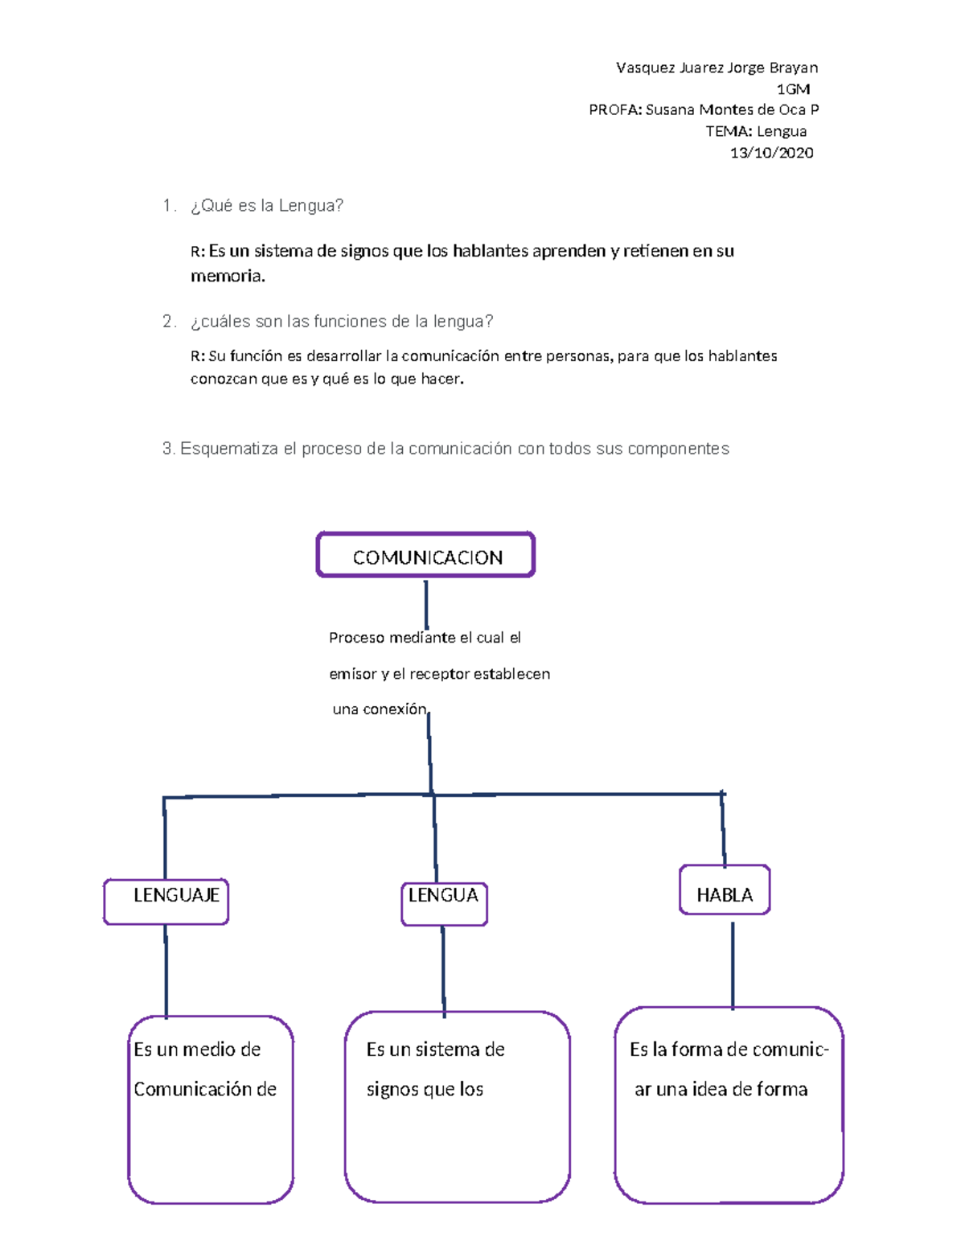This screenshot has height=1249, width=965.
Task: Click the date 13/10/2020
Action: [771, 153]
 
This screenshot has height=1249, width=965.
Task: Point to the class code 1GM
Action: [793, 89]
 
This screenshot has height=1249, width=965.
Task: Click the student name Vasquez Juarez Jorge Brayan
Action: [717, 68]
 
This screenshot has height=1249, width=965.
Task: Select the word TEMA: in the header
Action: [729, 132]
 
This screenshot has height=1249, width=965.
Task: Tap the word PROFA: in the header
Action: [615, 110]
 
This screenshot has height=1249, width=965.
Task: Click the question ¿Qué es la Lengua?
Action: [267, 206]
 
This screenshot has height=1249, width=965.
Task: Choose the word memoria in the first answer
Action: [226, 277]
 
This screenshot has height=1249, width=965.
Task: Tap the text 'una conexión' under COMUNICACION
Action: [380, 709]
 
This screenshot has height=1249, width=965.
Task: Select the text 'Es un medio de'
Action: [197, 1050]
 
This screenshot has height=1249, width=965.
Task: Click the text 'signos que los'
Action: [425, 1089]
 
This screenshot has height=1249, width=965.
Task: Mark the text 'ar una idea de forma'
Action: [721, 1089]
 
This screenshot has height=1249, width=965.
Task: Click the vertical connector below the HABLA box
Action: [733, 966]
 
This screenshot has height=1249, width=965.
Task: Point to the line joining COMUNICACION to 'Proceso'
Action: [426, 605]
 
